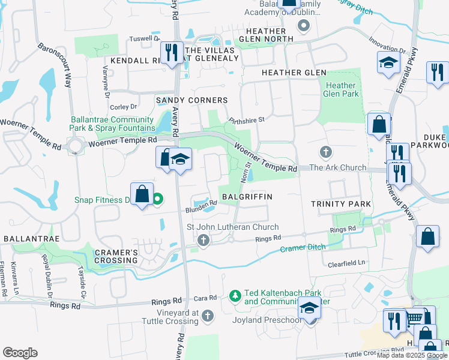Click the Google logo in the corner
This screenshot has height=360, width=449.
coord(20,353)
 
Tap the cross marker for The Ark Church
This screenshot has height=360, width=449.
coord(325,151)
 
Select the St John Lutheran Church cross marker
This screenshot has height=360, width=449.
coord(203,241)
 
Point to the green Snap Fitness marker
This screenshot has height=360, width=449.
coord(158,200)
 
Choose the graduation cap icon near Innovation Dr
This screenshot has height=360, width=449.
coord(388,62)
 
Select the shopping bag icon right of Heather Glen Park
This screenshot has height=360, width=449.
coord(379,125)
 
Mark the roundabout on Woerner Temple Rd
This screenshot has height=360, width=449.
coord(76,145)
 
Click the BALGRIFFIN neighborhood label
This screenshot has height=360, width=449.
coord(247,197)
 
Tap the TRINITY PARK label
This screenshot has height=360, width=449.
coord(341,204)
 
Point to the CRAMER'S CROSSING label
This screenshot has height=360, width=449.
coord(115,256)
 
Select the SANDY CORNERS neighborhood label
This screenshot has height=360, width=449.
coord(191,100)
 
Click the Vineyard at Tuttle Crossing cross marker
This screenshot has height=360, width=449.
coord(207,315)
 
